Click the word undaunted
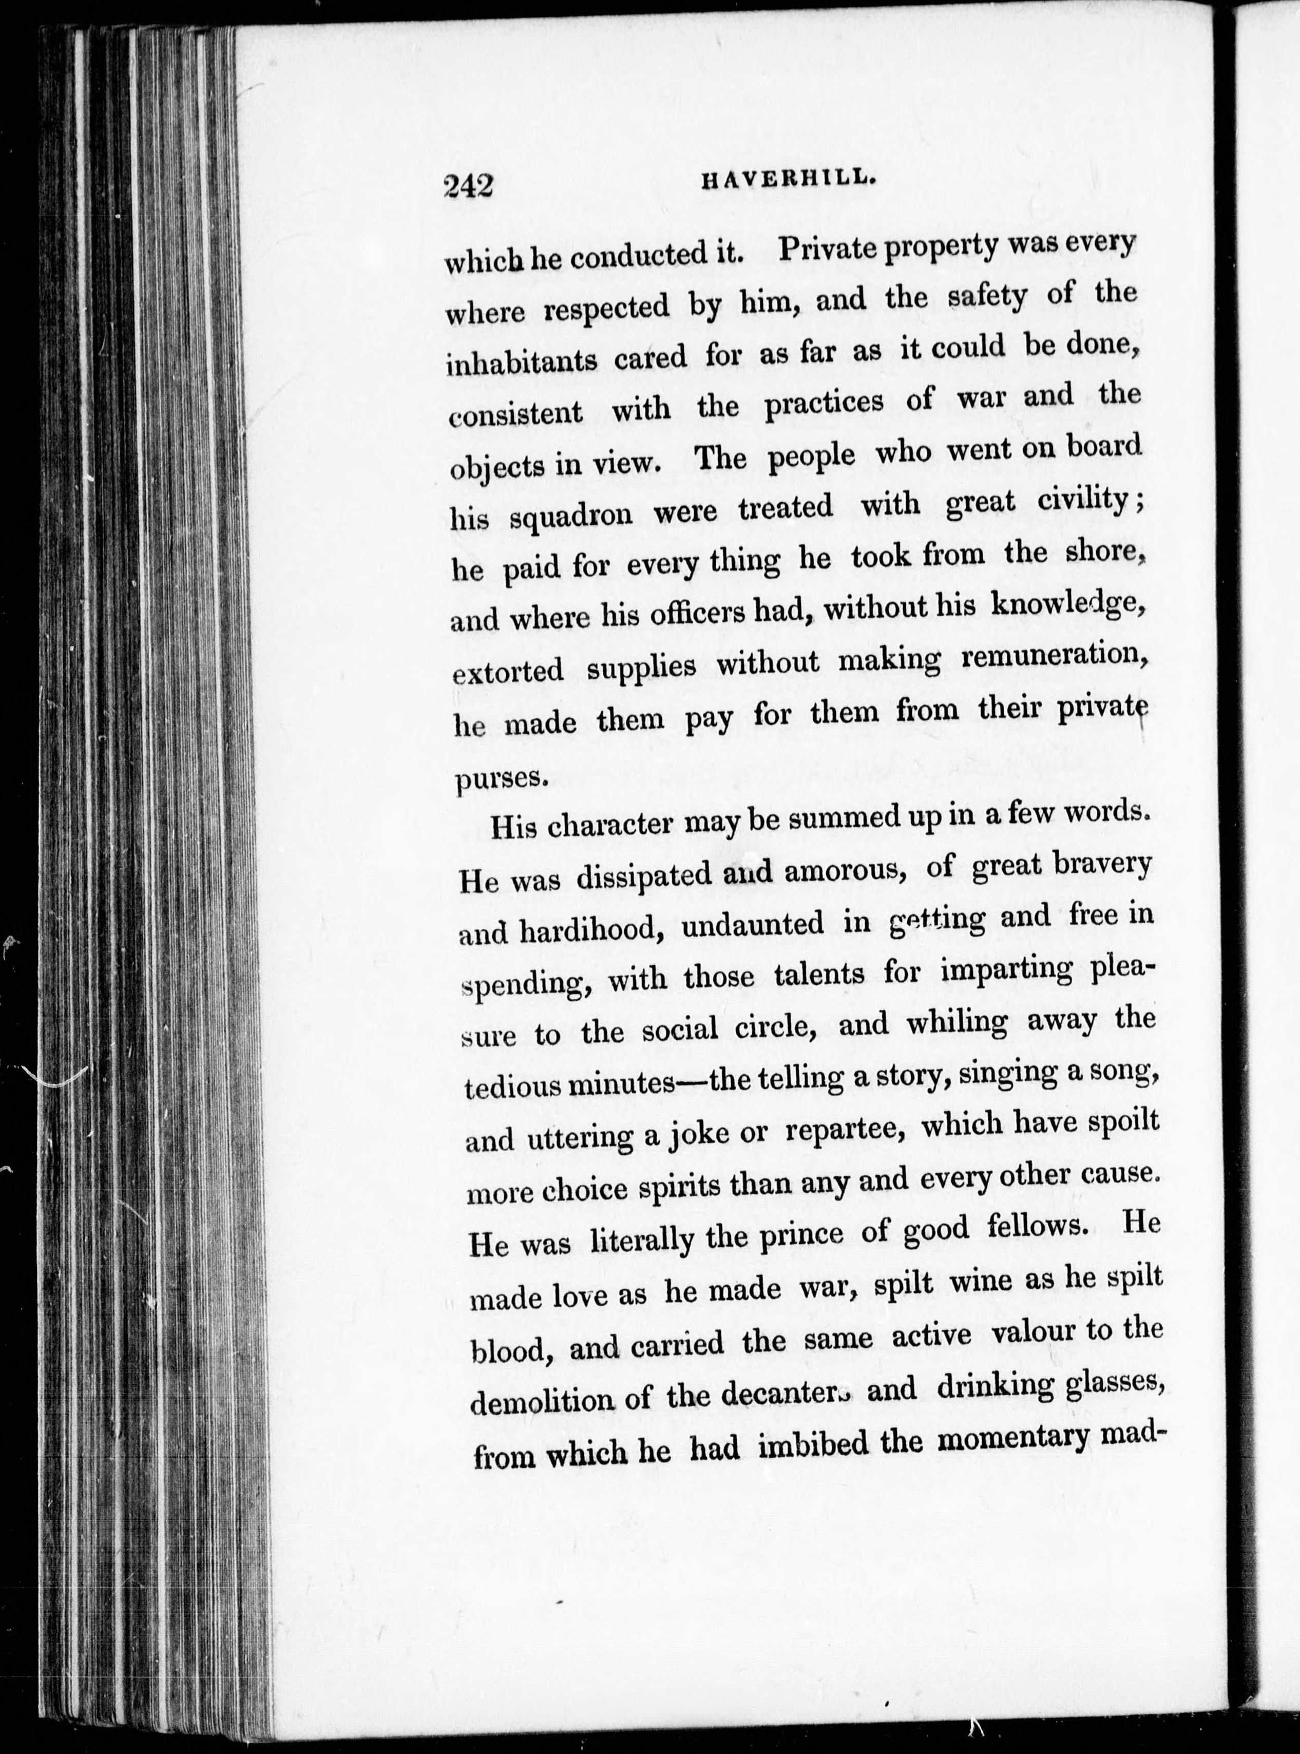pos(752,925)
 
